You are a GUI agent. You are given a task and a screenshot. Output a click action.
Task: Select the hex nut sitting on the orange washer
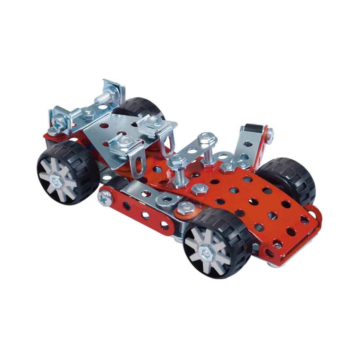185,207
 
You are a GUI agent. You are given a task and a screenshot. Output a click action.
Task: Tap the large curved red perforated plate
249,196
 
